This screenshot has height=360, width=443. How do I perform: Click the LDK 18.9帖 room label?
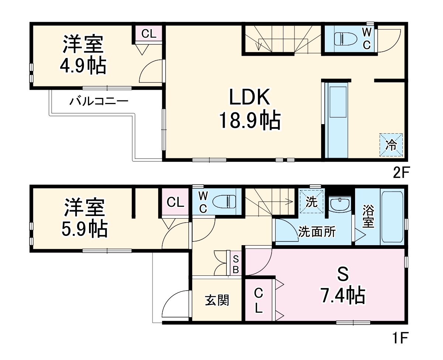(249, 109)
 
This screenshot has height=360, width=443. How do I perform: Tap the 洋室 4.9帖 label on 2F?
(83, 55)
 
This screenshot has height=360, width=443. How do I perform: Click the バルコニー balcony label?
(99, 101)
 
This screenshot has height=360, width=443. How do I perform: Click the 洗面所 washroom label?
(317, 232)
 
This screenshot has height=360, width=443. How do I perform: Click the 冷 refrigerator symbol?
(391, 145)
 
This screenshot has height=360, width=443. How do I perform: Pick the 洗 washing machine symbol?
(312, 202)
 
